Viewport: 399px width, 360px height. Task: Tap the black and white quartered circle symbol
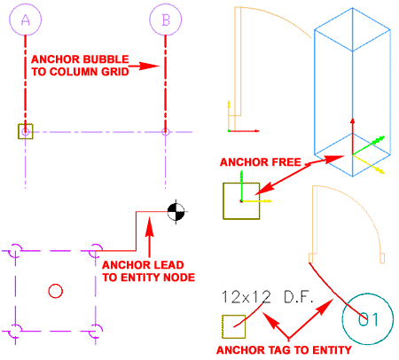[176, 212]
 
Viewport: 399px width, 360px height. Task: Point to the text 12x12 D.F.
[267, 297]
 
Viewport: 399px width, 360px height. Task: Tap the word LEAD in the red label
[168, 265]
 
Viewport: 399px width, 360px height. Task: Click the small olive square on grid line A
[26, 131]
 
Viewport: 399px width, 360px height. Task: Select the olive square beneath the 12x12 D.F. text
[234, 326]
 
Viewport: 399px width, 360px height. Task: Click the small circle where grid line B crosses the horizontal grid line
[166, 132]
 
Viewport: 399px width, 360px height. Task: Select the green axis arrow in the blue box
[369, 145]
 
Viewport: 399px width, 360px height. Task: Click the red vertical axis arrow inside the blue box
[352, 136]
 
